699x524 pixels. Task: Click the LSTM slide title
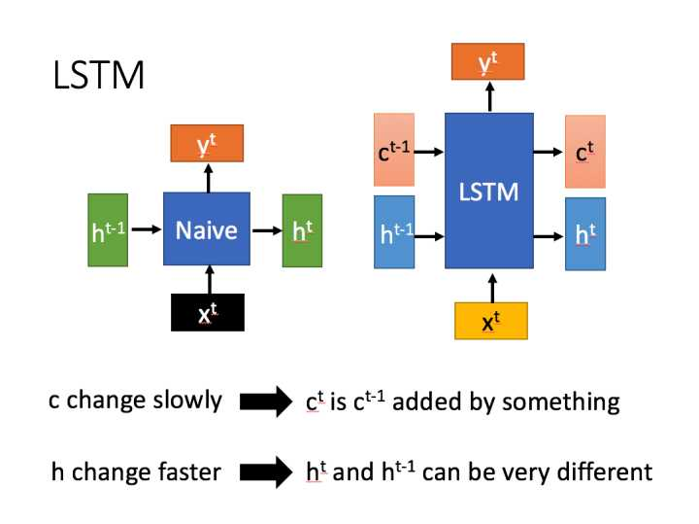point(98,75)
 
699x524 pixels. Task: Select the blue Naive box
point(207,230)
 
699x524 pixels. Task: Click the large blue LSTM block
point(488,191)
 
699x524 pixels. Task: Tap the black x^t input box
point(207,312)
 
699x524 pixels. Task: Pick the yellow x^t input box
point(490,320)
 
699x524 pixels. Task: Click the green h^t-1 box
point(107,230)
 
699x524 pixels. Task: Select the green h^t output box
point(302,230)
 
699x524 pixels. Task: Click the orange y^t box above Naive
point(206,145)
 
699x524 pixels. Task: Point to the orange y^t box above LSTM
point(488,62)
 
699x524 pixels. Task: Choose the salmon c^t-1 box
point(394,151)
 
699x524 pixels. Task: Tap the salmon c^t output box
point(585,151)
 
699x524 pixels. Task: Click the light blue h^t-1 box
point(394,231)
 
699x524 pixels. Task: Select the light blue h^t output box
point(585,233)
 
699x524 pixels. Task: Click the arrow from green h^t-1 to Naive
point(146,230)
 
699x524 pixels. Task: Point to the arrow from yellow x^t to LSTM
point(490,286)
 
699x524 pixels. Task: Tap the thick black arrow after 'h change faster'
point(265,472)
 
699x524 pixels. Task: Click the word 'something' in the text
point(565,401)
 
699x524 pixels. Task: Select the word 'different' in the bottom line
point(611,472)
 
